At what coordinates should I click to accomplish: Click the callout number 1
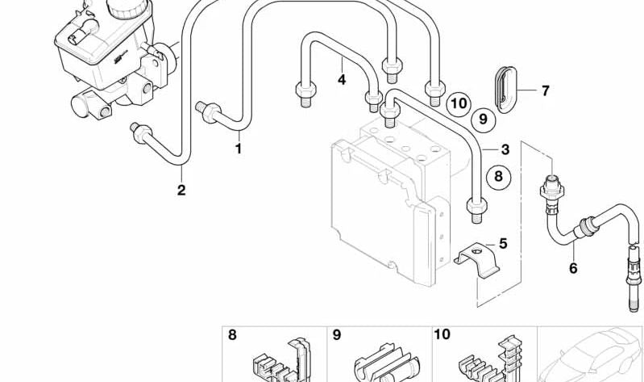coord(238,149)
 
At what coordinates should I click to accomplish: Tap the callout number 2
coord(181,190)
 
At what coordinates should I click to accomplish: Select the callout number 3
coord(505,149)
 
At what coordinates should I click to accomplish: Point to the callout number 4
coord(342,79)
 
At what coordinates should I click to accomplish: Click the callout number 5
coord(503,242)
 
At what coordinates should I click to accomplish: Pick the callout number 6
coord(573,268)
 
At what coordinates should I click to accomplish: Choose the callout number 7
coord(545,90)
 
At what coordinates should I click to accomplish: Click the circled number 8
coord(497,175)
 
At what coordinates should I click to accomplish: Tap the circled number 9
coord(483,120)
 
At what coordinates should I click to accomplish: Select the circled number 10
coord(459,103)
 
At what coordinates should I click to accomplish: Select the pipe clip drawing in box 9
coord(384,363)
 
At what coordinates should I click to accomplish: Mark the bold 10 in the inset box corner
coord(442,334)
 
